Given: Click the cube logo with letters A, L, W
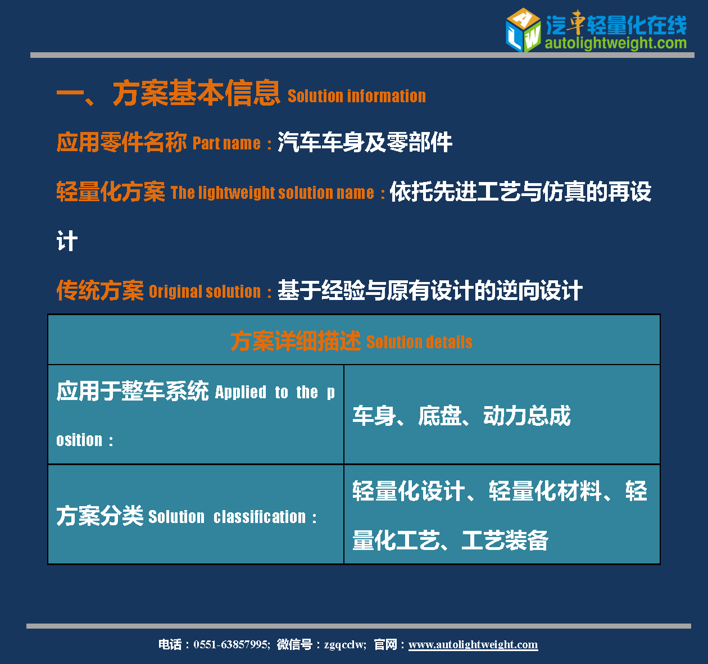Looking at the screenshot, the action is point(523,30).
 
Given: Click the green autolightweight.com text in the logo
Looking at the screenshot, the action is point(616,43).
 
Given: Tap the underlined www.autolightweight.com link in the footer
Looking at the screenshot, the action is point(473,644).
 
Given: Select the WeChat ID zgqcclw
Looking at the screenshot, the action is point(344,645).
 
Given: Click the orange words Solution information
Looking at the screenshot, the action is point(357,96).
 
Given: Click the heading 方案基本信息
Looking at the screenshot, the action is point(197,93).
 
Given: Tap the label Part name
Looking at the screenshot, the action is point(227,143).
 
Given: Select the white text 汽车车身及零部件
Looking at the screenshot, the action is point(365,142).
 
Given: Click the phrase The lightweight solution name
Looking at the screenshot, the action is point(273,193).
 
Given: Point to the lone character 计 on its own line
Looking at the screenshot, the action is point(67,241).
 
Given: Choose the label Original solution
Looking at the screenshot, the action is point(205,292).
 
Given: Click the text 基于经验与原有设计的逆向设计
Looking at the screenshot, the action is point(430,290).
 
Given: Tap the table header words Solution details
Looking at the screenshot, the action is point(419,342).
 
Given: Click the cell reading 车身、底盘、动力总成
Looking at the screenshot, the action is point(462,415).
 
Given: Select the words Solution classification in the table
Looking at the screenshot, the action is point(227,517).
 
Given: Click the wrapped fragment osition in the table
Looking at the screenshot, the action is point(79,440).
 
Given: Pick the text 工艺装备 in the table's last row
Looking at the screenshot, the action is point(505,540).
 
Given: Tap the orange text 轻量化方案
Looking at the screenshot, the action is point(111,192).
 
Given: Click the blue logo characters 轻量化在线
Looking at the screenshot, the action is point(637,25).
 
